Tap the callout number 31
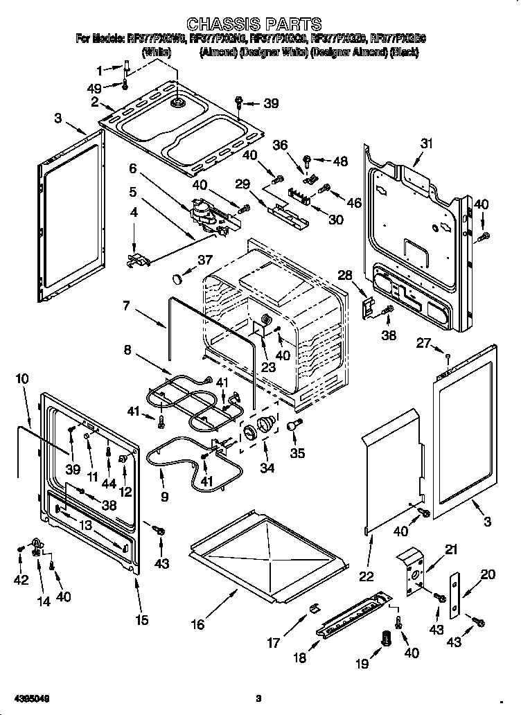point(426,143)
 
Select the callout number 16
point(197,624)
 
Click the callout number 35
point(297,453)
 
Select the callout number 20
point(488,574)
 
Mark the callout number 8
point(127,351)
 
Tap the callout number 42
point(21,580)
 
